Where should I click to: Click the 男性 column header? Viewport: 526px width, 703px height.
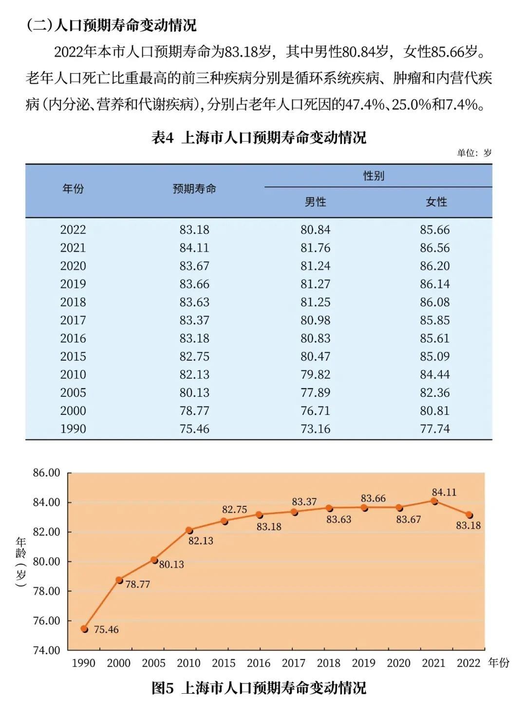coord(315,202)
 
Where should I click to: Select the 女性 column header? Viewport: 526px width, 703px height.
coord(436,202)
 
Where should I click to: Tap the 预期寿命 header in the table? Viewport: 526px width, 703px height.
coord(194,189)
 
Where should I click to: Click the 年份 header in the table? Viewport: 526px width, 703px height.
coord(73,189)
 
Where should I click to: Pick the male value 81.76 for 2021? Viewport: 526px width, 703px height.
coord(315,248)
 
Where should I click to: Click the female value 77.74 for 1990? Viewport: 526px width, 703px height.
coord(435,429)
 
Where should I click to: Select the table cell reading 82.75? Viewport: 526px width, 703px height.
coord(194,356)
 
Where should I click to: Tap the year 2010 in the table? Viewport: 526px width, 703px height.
coord(73,374)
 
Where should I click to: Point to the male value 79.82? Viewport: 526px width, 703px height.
coord(315,374)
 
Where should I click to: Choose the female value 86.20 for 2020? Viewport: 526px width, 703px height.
coord(435,266)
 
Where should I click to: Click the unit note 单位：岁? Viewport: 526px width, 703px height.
coord(474,153)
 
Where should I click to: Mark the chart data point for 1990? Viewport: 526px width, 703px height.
coord(84,629)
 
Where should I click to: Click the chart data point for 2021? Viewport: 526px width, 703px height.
coord(434,500)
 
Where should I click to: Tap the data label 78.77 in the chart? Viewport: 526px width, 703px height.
coord(138,584)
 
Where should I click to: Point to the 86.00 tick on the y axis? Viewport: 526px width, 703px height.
coord(46,473)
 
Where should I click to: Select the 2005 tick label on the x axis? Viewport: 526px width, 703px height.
coord(153,663)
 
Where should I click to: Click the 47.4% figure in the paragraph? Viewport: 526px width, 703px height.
coord(365,104)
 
